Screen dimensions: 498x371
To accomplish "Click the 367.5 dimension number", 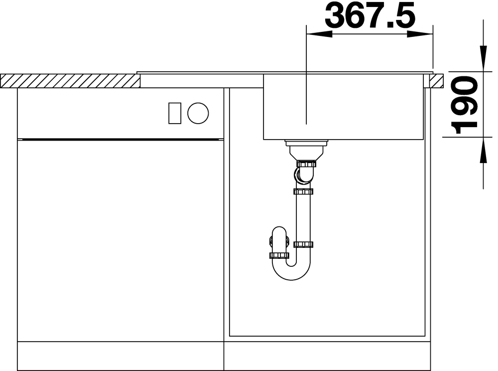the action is [x=370, y=14].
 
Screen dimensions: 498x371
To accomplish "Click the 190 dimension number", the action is [x=464, y=105].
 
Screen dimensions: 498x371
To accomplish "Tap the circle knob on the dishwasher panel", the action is [x=198, y=113].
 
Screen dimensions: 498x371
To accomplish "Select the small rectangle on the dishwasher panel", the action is [x=175, y=113].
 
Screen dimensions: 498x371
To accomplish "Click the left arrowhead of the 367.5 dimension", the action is [x=319, y=34].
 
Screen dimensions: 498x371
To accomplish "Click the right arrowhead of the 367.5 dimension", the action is [x=420, y=34].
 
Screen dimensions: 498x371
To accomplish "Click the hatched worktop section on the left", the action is [x=70, y=81].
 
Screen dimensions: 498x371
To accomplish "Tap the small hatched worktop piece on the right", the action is [x=436, y=81].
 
